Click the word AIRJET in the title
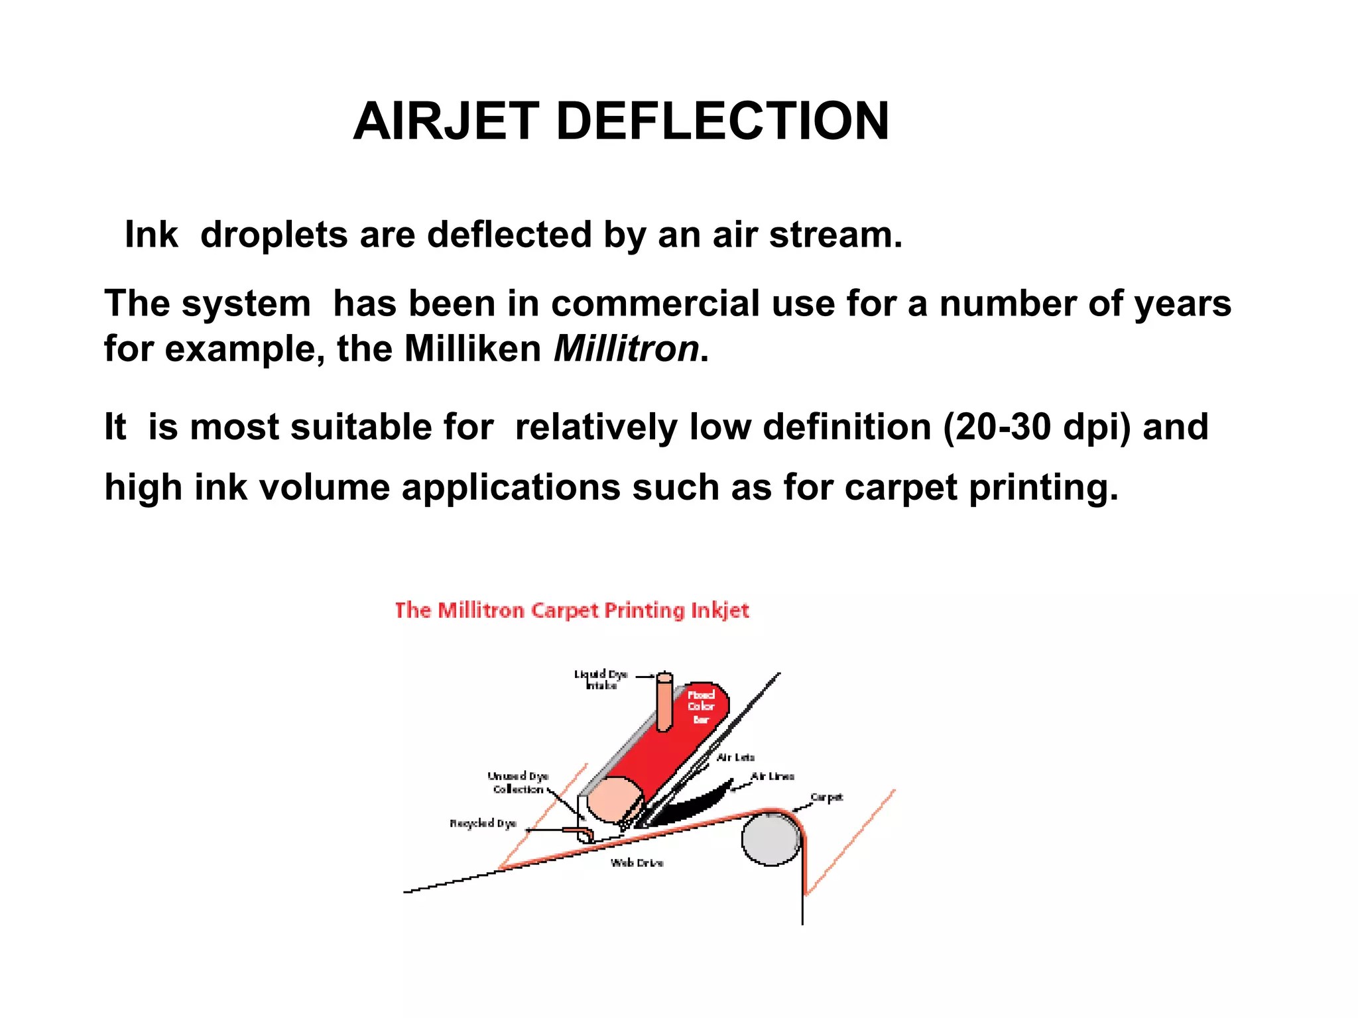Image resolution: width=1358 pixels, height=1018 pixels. [x=446, y=121]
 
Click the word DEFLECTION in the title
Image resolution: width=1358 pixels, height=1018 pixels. [x=722, y=121]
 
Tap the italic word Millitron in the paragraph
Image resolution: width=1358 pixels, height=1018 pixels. [x=626, y=349]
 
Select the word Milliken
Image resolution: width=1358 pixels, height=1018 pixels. [x=472, y=349]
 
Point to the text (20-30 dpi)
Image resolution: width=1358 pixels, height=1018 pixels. [x=1036, y=427]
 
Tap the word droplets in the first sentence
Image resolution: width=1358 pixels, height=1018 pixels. [x=274, y=235]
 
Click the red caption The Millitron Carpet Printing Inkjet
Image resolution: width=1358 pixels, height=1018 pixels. [x=572, y=610]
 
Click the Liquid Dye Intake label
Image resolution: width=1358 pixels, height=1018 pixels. [x=601, y=680]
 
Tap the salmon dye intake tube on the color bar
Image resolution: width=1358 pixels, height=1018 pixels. [x=664, y=703]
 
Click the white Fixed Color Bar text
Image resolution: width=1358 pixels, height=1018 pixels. [x=701, y=707]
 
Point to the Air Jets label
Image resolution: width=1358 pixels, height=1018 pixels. [x=735, y=758]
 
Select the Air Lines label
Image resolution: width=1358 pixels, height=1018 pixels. [x=772, y=776]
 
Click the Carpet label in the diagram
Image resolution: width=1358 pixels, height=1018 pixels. [x=827, y=797]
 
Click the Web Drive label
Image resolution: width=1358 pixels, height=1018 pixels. [x=637, y=863]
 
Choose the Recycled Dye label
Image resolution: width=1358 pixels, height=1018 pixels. [x=483, y=824]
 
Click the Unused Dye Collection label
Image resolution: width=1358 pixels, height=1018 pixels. [x=518, y=783]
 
